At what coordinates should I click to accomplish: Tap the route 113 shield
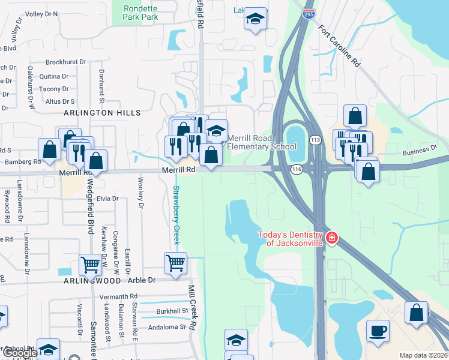click(315, 140)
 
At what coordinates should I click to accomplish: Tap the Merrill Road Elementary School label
click(262, 142)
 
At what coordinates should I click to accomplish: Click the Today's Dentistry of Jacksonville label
click(291, 239)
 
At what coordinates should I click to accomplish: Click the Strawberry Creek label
click(176, 215)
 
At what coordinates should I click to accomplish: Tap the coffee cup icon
click(378, 332)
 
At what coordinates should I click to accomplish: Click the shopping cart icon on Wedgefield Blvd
click(90, 265)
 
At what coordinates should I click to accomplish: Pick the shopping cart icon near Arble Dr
click(175, 263)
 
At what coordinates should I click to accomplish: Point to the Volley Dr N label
click(42, 13)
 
